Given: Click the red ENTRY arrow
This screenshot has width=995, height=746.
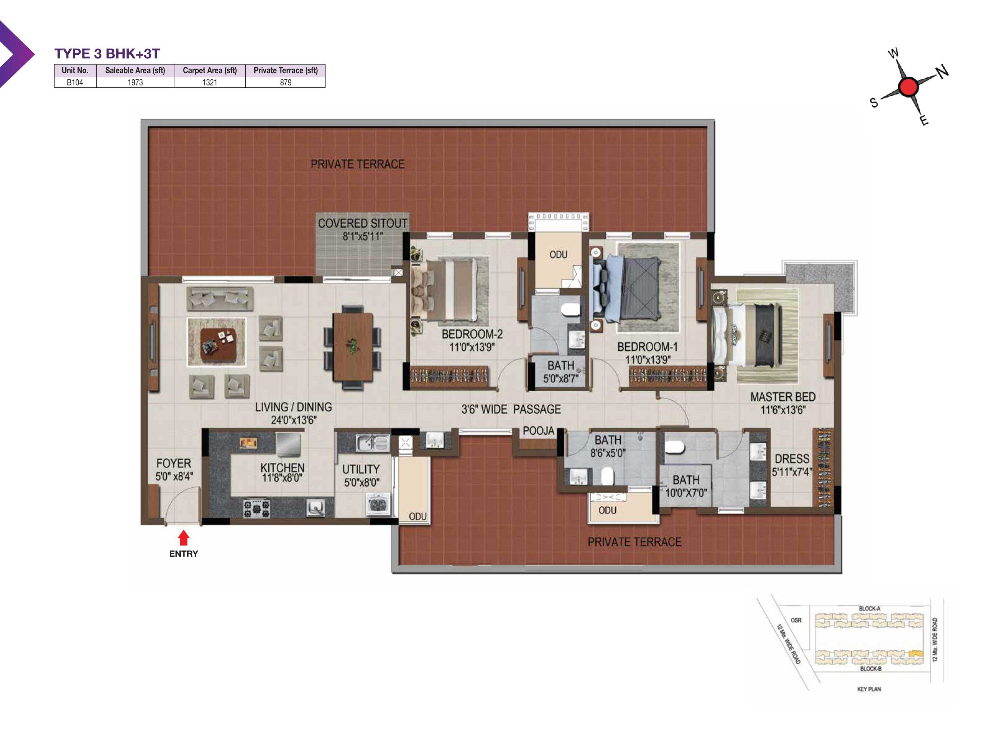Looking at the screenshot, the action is tap(183, 538).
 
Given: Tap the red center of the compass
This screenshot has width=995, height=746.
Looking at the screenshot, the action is tap(908, 87).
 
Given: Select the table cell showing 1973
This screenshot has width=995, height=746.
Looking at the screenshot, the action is tap(135, 82).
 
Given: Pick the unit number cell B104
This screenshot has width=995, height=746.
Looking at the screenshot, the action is tap(75, 82).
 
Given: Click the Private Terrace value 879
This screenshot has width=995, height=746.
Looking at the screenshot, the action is tap(286, 82).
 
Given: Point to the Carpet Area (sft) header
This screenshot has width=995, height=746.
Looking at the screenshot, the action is tap(210, 70).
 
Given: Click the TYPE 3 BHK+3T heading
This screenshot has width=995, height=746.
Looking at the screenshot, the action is tap(107, 53).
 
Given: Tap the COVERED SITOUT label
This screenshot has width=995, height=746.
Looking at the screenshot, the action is tap(363, 223).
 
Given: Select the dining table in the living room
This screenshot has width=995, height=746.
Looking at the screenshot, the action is tap(353, 348).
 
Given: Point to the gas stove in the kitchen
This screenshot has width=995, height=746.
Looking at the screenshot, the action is tap(257, 508).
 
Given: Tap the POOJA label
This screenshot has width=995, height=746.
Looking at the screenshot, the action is tap(539, 431).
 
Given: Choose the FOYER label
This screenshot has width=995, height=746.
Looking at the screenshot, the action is tap(174, 463).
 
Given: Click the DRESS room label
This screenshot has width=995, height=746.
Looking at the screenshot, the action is tap(792, 459).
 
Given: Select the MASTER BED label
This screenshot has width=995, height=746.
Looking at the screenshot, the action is tap(783, 397).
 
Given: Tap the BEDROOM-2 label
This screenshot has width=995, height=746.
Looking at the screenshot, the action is tap(472, 334).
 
